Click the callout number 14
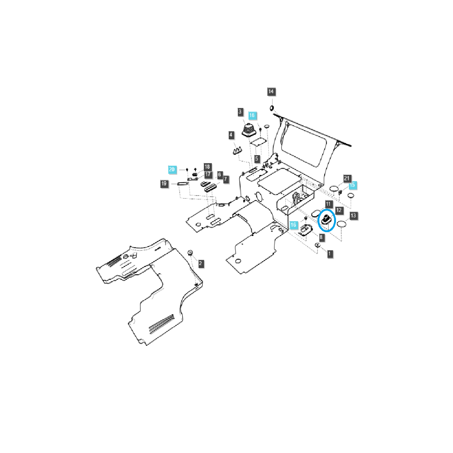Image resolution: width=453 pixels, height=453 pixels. pos(271,92)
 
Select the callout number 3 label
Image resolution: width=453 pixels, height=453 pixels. pos(240,112)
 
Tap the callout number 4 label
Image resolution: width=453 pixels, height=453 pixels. pos(231,135)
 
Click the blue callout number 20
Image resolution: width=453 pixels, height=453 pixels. pos(172,169)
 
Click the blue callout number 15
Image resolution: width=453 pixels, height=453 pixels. pos(353,185)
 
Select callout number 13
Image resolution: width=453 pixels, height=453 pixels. pos(353,216)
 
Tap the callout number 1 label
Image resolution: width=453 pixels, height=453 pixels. pos(330,254)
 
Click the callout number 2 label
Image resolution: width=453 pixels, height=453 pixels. pos(201,263)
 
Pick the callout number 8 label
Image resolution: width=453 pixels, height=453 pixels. pos(321,237)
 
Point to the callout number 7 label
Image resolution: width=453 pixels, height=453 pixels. pos(226,179)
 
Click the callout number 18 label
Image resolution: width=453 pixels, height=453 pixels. pos(207,167)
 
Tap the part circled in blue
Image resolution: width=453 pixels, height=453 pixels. pos(326,220)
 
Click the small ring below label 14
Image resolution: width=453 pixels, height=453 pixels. pos(271,109)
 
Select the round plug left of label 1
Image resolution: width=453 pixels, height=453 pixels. pos(318,246)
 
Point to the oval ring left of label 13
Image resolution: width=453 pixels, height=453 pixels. pos(342,224)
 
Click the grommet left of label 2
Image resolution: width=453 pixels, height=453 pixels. pos(190,253)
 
